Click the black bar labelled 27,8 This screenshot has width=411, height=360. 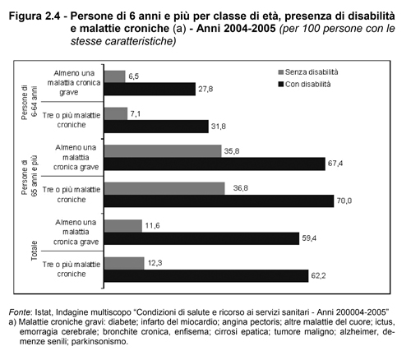click(x=150, y=89)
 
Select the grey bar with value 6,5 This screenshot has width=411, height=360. click(x=115, y=76)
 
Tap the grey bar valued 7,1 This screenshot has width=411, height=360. click(x=116, y=113)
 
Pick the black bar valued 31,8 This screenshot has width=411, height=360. click(x=156, y=127)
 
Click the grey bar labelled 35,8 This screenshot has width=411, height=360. click(x=163, y=151)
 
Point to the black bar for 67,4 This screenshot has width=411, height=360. click(x=215, y=164)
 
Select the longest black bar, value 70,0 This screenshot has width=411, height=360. click(x=219, y=201)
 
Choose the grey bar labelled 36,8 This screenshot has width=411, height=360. click(x=164, y=188)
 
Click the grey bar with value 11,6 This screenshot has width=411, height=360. click(x=123, y=226)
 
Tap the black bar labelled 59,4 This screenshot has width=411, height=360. click(x=202, y=238)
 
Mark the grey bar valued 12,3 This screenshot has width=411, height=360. click(x=124, y=263)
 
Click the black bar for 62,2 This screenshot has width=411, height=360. click(x=206, y=276)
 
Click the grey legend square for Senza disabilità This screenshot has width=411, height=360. click(x=280, y=72)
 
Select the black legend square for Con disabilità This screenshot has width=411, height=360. click(x=280, y=85)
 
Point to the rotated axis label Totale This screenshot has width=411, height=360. click(x=35, y=251)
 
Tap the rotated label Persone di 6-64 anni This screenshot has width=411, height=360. click(x=29, y=103)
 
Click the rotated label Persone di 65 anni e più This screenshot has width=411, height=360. click(x=29, y=176)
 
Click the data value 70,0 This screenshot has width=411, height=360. click(x=344, y=201)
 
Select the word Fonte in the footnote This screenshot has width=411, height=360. click(x=19, y=312)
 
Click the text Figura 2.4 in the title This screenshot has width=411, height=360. click(x=35, y=16)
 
